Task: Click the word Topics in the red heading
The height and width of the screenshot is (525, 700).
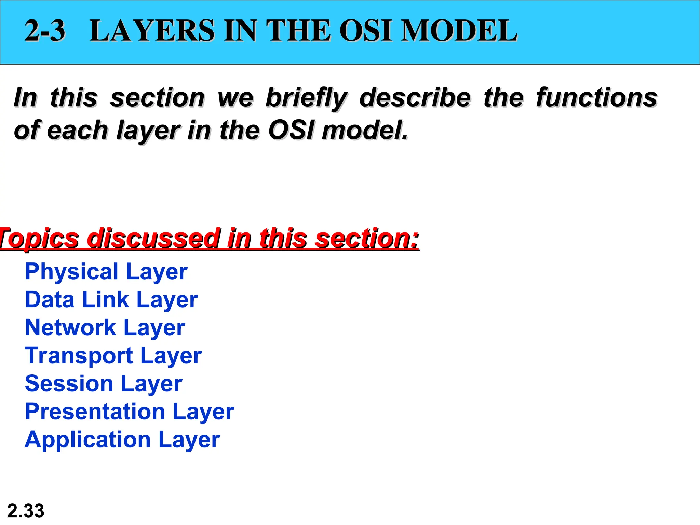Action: (39, 238)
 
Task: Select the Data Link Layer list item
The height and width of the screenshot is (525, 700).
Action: (111, 300)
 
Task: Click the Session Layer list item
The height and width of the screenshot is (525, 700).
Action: (104, 384)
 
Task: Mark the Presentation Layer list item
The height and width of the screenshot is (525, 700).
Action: (130, 412)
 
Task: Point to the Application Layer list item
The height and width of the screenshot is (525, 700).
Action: (122, 440)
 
